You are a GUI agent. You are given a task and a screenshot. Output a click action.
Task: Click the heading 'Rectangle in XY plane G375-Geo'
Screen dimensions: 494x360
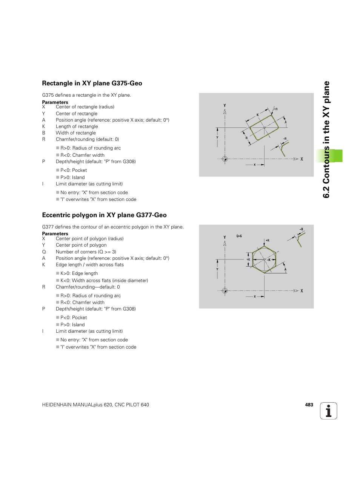(92, 83)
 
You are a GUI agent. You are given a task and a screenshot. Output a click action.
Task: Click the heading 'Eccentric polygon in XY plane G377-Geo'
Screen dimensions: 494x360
(104, 215)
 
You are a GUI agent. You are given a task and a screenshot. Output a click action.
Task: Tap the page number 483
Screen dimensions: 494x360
(309, 405)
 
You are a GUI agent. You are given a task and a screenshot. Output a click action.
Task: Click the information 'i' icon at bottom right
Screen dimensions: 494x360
(328, 411)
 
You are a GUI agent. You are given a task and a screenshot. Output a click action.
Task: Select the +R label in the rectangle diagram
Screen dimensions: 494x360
(275, 109)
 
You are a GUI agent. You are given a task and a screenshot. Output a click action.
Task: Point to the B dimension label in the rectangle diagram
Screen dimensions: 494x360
(247, 138)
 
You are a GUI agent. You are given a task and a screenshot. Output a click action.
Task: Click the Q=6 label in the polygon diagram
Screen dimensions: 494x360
(239, 236)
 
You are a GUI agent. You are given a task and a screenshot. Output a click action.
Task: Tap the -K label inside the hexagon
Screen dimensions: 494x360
(269, 260)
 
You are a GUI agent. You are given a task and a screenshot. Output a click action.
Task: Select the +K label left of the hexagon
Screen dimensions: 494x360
(248, 259)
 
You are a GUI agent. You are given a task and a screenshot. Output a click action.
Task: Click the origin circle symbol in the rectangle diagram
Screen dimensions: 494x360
(225, 159)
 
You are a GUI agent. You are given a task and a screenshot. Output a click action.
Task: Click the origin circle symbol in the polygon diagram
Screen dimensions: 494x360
(225, 291)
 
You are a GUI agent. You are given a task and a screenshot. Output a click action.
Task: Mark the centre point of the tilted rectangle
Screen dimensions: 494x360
(264, 128)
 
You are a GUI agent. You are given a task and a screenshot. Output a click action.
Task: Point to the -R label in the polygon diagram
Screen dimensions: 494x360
(301, 229)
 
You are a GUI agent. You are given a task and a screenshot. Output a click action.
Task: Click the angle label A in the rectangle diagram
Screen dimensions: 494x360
(286, 122)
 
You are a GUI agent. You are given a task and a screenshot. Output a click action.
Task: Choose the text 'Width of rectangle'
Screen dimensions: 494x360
(76, 133)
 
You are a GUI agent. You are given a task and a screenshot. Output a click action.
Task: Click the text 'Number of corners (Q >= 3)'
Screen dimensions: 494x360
(86, 252)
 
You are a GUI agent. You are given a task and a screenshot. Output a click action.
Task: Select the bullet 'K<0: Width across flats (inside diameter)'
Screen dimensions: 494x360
(104, 281)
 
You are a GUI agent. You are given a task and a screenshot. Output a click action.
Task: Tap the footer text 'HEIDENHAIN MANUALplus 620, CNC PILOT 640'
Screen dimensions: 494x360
(95, 405)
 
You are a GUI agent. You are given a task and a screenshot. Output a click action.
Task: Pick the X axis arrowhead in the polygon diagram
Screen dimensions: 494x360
(296, 291)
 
